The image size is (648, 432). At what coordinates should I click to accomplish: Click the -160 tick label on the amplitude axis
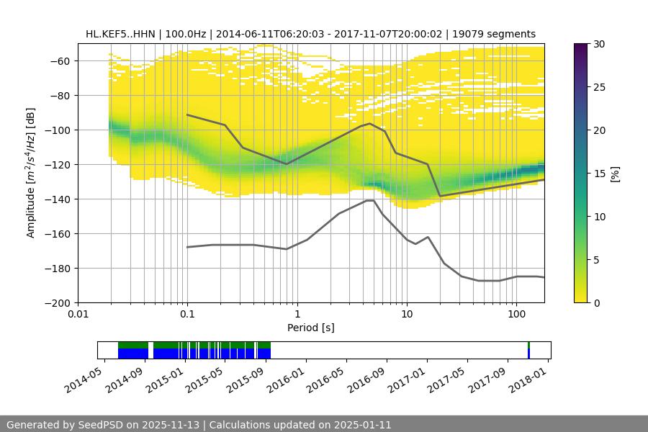point(58,234)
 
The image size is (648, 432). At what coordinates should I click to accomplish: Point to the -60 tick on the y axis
point(58,61)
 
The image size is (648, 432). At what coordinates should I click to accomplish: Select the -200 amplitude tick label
point(58,303)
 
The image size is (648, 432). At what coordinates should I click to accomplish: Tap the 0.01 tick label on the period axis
point(78,315)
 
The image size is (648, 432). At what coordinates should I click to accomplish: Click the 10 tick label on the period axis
point(407,315)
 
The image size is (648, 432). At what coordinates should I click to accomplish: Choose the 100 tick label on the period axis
point(516,315)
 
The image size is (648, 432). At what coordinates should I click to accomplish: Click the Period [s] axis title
point(310,328)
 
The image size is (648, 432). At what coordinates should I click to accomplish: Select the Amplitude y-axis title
point(31,174)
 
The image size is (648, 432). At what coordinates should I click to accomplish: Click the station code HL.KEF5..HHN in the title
point(119,34)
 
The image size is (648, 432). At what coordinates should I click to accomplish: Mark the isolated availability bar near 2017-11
point(528,350)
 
